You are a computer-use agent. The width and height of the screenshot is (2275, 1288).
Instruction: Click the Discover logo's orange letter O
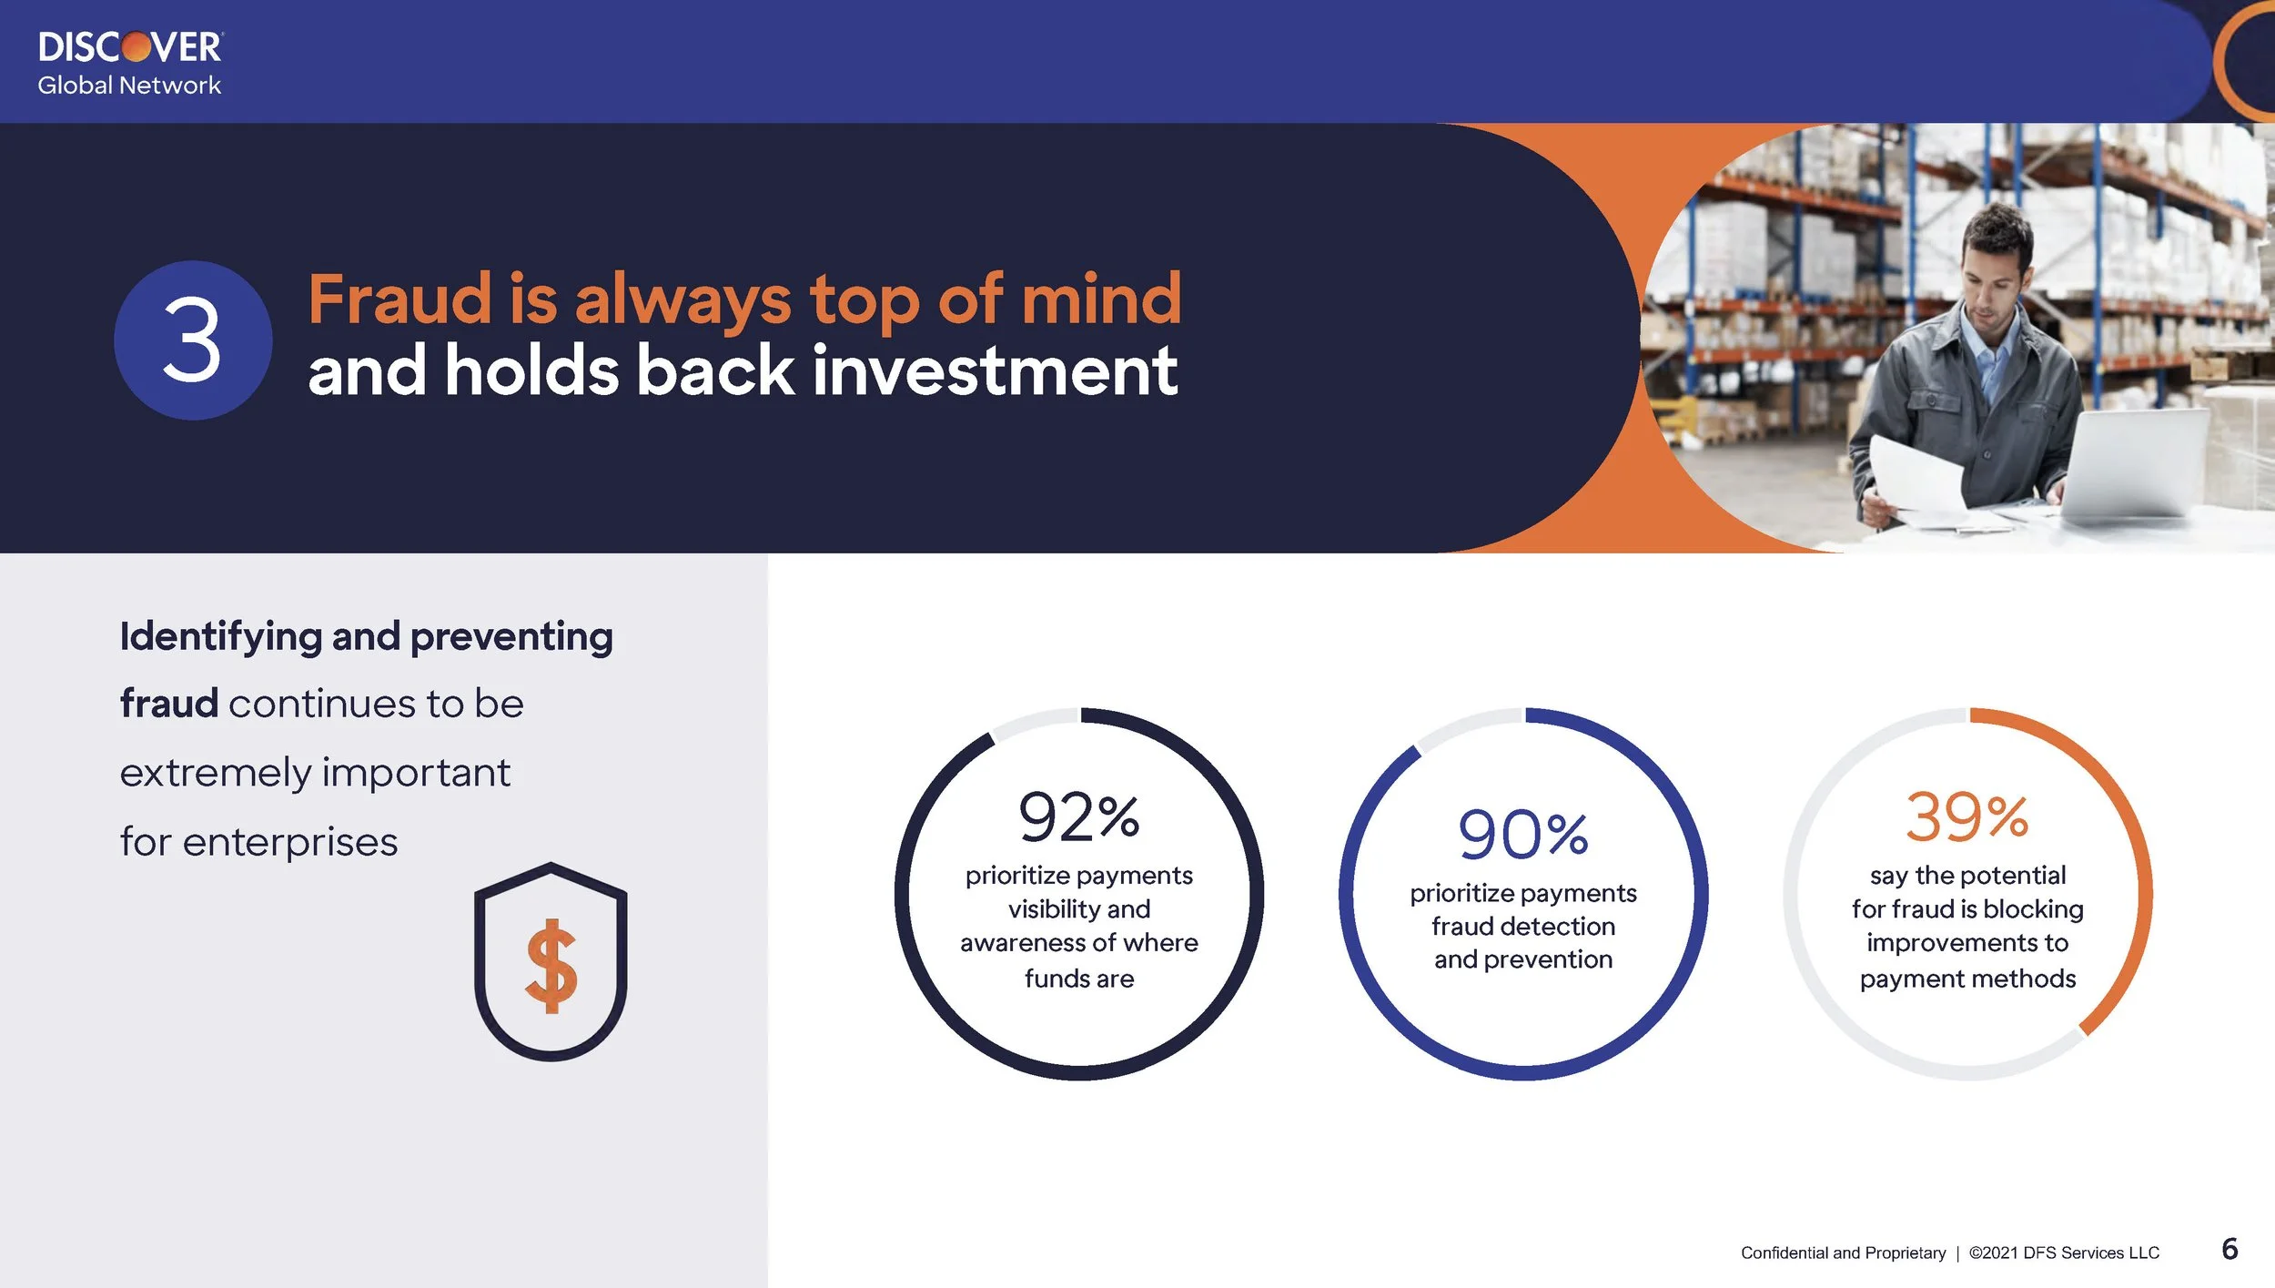[x=136, y=46]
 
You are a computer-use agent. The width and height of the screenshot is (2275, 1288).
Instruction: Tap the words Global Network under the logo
[x=129, y=86]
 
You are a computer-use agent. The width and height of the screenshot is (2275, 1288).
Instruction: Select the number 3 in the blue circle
[x=192, y=341]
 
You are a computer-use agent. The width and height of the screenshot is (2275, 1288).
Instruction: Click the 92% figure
[x=1078, y=816]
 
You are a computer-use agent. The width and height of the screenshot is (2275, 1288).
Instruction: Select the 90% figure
[x=1522, y=835]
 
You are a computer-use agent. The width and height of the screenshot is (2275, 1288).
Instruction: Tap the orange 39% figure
[x=1967, y=816]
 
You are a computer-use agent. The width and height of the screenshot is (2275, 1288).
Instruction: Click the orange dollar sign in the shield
[x=551, y=966]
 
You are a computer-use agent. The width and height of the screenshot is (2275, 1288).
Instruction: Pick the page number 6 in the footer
[x=2229, y=1249]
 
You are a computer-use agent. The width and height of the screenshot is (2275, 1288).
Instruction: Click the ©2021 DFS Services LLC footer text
[x=2064, y=1253]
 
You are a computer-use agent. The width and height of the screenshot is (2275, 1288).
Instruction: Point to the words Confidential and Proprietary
[x=1843, y=1253]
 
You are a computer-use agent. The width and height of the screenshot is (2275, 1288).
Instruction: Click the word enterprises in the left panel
[x=290, y=842]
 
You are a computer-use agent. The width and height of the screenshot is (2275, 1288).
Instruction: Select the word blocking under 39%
[x=2033, y=909]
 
